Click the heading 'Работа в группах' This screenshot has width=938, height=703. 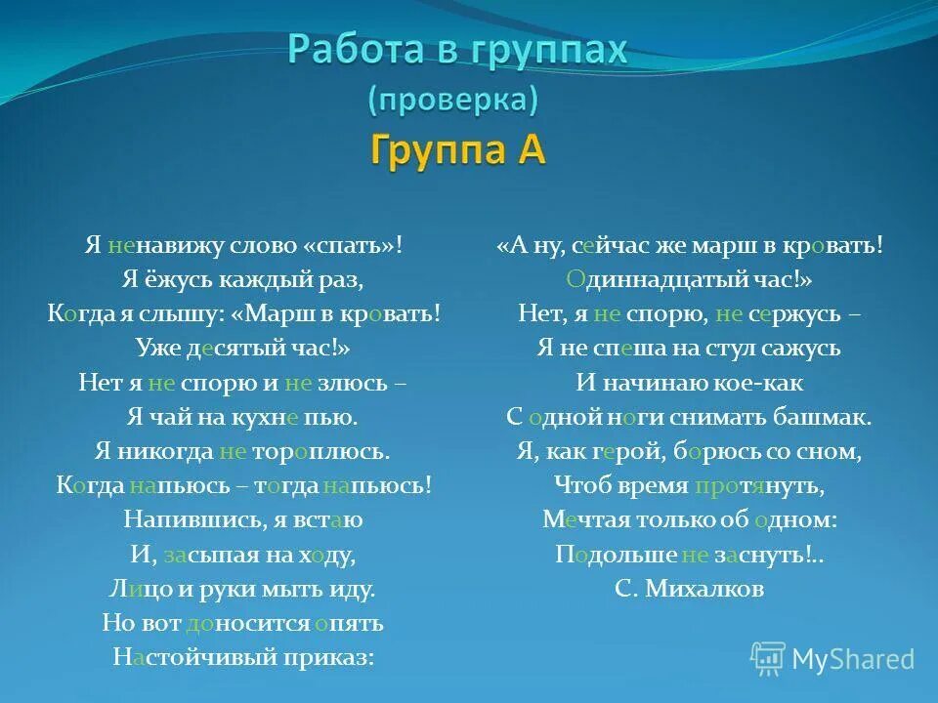click(456, 49)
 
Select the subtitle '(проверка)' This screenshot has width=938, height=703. click(452, 99)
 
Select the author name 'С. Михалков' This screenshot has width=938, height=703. click(690, 589)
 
